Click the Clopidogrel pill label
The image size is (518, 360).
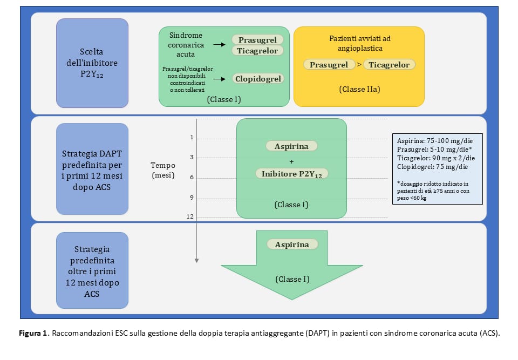point(259,79)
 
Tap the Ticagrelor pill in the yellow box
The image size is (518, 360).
point(388,65)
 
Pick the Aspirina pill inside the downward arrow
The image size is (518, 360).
point(292,244)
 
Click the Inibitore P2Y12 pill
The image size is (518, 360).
point(291,173)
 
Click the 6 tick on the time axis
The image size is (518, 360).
point(191,178)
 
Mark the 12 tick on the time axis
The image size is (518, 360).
point(190,216)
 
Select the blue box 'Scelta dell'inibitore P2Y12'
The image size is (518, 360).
point(92,62)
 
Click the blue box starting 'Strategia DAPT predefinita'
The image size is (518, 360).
point(92,168)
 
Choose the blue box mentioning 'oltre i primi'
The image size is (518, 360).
point(92,270)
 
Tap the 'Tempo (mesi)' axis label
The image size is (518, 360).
point(162,169)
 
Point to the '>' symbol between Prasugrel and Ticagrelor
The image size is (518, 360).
point(359,65)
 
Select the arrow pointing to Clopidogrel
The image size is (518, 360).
point(219,79)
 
